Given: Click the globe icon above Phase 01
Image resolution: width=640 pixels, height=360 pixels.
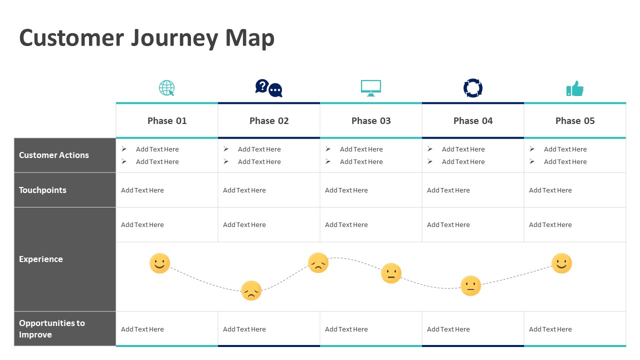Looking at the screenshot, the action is click(x=167, y=88).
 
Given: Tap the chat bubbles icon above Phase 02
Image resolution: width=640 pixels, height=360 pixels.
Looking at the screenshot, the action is click(x=268, y=88).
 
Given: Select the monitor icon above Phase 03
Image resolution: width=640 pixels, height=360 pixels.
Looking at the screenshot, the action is click(x=371, y=88).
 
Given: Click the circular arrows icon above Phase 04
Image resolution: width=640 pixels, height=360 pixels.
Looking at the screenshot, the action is click(x=473, y=88).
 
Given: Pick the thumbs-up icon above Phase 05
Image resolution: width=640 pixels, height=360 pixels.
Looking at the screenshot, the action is click(x=575, y=88).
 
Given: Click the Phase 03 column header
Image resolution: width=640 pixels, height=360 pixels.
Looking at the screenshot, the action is click(x=371, y=121).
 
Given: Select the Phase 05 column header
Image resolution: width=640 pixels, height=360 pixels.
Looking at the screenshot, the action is click(x=575, y=121).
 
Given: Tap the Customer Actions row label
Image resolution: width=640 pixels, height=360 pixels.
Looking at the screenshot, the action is click(x=54, y=155).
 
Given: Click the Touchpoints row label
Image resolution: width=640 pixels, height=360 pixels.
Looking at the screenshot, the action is click(x=42, y=190).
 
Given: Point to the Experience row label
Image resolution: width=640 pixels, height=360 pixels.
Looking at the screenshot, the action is click(x=41, y=259).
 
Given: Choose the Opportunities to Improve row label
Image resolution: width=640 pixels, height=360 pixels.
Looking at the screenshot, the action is click(x=52, y=328).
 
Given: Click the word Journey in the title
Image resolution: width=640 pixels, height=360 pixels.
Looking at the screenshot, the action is click(x=174, y=38).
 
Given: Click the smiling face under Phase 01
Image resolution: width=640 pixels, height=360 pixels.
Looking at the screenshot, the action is click(x=159, y=263).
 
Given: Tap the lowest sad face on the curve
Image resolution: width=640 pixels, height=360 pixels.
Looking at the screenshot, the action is click(x=251, y=290).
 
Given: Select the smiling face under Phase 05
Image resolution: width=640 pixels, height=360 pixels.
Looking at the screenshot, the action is click(x=561, y=263).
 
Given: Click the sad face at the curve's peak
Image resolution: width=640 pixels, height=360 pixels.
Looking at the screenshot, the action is click(x=318, y=263).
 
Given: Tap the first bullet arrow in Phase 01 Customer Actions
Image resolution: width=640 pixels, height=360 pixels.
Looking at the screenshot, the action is click(x=124, y=149).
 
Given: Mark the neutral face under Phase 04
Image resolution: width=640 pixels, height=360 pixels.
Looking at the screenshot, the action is click(x=470, y=285).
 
